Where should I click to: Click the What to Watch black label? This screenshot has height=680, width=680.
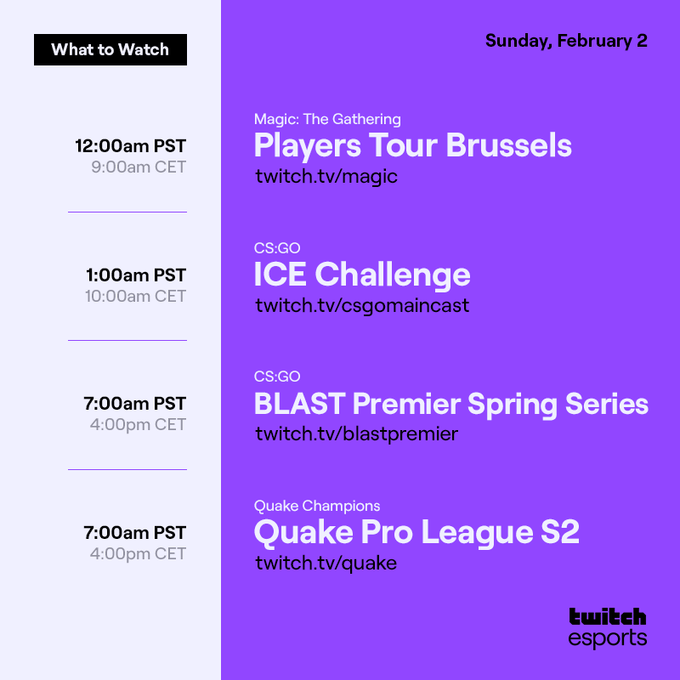(x=110, y=49)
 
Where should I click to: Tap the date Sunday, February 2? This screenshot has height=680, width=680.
(x=566, y=41)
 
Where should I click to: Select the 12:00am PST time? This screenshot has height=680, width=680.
(x=130, y=145)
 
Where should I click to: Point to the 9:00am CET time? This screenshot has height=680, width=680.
(x=138, y=167)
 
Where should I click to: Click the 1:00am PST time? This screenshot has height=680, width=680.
(x=135, y=275)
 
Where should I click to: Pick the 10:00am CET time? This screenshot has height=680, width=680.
(x=134, y=296)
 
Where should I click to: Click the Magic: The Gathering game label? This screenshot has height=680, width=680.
(x=327, y=119)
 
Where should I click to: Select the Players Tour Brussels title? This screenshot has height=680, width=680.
(x=412, y=146)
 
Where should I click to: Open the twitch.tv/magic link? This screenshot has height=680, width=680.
(x=326, y=177)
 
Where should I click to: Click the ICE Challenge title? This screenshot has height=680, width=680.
(x=362, y=275)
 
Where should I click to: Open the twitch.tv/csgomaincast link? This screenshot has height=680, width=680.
(x=362, y=305)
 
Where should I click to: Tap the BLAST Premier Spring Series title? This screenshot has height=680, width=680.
(x=450, y=404)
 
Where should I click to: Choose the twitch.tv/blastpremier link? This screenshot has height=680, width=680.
(x=356, y=434)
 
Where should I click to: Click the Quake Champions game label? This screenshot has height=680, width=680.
(x=317, y=506)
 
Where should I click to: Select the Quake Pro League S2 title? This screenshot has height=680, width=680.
(x=416, y=533)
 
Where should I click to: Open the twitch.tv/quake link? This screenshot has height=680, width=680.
(x=326, y=563)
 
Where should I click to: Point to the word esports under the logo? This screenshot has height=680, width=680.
(x=607, y=638)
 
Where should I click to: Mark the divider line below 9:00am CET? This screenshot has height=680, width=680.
(x=127, y=212)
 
